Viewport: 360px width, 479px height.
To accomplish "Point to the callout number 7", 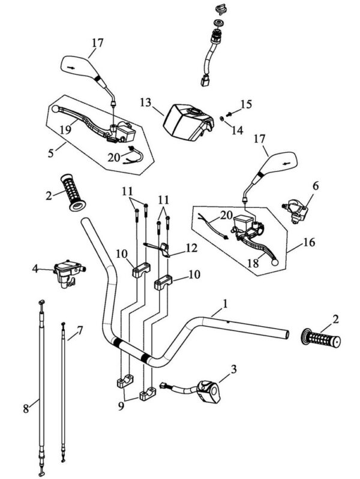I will tap(81, 330).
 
